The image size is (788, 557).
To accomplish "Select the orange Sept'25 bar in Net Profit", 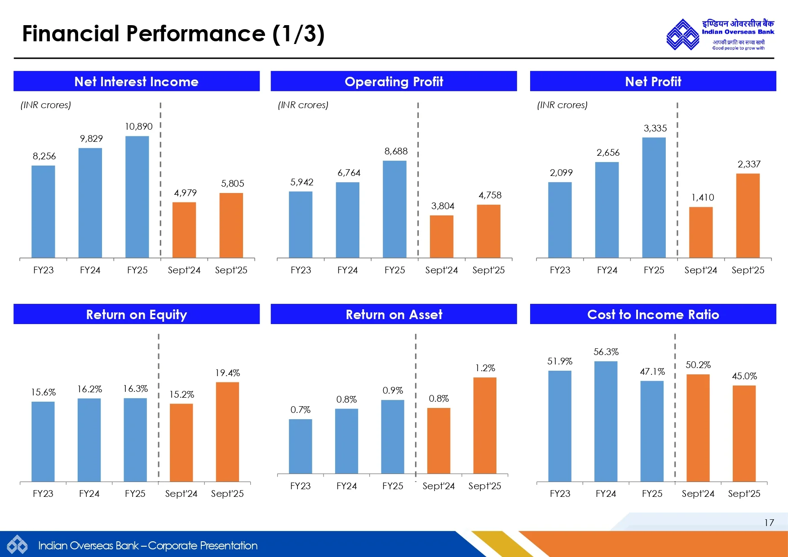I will [748, 215].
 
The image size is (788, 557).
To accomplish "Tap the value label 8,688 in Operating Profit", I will [396, 151].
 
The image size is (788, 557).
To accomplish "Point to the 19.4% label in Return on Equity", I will [227, 373].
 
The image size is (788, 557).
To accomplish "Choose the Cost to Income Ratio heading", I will [653, 315].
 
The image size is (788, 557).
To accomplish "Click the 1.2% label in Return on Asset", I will [485, 368].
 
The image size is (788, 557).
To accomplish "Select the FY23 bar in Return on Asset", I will [300, 446].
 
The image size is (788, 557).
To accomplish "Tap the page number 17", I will [769, 523].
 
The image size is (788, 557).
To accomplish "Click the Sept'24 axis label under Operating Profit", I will [441, 270].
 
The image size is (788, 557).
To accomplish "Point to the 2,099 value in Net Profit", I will [561, 173].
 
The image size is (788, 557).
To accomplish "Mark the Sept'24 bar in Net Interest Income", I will [184, 230].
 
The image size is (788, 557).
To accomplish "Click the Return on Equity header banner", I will [137, 314].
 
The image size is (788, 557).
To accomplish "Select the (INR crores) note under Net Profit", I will [562, 105].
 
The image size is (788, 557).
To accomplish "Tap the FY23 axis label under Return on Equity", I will [43, 494].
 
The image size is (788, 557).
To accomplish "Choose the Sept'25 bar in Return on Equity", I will [227, 432].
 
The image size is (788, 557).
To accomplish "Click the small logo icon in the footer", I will [17, 545].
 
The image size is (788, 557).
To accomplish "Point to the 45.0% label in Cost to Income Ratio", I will [744, 376].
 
